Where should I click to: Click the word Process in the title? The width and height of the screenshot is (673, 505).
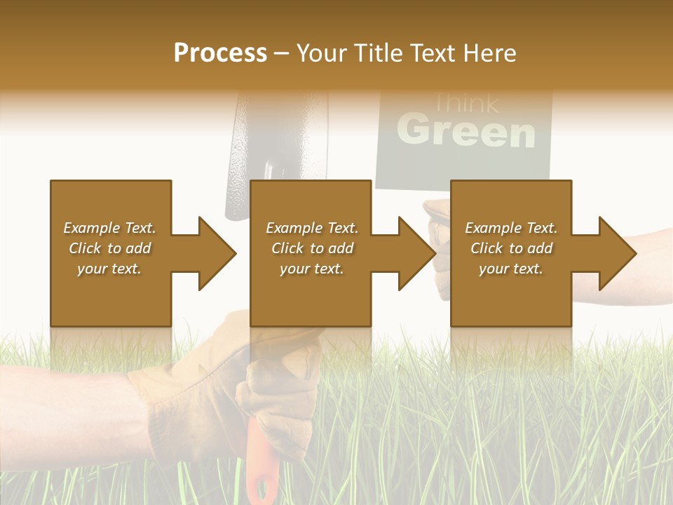click(x=220, y=53)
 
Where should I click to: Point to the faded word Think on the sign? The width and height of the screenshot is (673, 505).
click(x=466, y=104)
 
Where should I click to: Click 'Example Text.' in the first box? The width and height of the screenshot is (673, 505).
click(x=110, y=228)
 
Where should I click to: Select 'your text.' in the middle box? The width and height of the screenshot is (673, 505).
click(x=311, y=269)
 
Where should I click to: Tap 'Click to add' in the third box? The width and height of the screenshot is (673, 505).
click(x=511, y=248)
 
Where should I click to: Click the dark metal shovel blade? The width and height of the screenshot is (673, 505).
click(x=245, y=140)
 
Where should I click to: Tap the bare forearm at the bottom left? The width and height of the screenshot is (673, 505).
click(x=63, y=407)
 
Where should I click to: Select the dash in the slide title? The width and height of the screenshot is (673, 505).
click(x=282, y=54)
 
